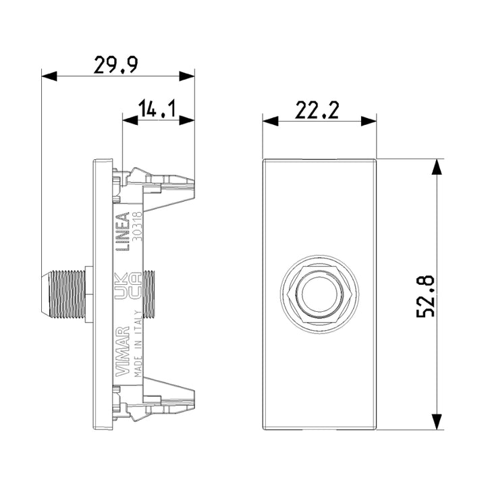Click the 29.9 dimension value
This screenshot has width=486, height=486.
(115, 65)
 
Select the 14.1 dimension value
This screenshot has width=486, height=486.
(157, 109)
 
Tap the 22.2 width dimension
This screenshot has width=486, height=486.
(317, 110)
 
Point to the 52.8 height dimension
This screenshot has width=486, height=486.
(426, 296)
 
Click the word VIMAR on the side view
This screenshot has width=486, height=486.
(122, 351)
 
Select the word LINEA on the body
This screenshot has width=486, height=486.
(122, 232)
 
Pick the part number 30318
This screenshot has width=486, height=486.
(137, 226)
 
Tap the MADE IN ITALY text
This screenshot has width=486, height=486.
(138, 344)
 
